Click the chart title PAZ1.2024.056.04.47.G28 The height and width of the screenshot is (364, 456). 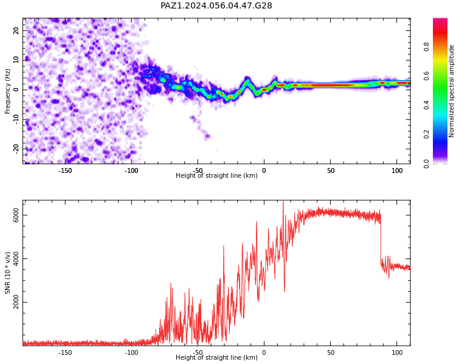216,5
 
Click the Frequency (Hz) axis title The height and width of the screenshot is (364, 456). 7,91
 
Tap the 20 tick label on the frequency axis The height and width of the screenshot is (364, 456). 16,30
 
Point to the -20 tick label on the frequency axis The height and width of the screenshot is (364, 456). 16,149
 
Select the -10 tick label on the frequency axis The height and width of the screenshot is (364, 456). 16,120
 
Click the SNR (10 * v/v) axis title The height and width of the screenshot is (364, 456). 7,273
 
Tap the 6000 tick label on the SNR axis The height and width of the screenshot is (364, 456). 16,215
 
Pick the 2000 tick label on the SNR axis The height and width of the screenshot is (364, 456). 16,302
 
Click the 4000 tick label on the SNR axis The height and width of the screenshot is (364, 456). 16,258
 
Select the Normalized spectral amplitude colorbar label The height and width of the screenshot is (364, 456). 451,91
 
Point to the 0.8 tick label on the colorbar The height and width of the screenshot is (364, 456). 426,47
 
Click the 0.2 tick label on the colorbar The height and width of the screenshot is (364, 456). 426,134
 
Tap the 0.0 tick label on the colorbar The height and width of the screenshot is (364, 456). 426,163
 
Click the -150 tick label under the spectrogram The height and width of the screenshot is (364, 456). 65,170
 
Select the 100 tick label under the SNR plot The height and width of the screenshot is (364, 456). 397,352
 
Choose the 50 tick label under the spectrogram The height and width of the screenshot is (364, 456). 331,170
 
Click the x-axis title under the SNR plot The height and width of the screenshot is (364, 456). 216,357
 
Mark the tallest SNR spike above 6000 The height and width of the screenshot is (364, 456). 283,202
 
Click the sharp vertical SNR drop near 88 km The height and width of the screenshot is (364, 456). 381,238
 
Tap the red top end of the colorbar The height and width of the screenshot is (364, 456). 440,19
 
